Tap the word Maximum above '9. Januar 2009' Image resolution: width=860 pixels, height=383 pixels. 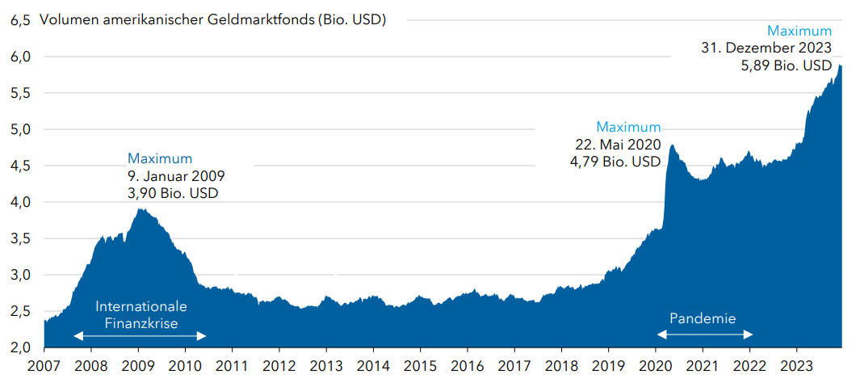[160, 158]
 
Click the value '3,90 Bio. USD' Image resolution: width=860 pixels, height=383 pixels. [173, 193]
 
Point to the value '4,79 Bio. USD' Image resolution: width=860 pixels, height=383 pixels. [615, 162]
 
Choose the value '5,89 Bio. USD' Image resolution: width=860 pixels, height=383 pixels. [786, 65]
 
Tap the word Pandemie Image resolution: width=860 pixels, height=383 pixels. [703, 318]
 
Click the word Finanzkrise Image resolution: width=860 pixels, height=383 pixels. [141, 323]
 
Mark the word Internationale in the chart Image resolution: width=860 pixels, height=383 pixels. [141, 307]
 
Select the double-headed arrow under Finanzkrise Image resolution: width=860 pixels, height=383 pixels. [140, 336]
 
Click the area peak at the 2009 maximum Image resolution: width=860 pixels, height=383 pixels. [141, 210]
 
